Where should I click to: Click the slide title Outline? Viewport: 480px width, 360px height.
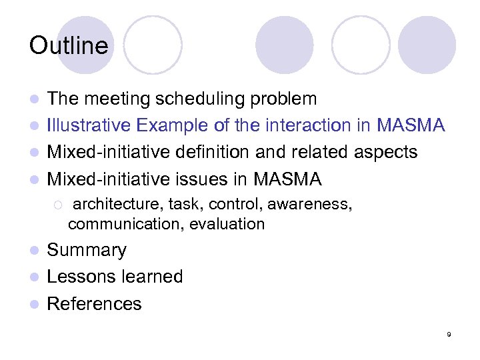[x=68, y=45]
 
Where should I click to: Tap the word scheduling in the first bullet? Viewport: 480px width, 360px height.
[x=202, y=99]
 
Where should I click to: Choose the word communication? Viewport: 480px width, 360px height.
[x=125, y=224]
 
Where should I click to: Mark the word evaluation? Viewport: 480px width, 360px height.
[x=227, y=224]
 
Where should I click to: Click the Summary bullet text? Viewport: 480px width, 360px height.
[x=87, y=250]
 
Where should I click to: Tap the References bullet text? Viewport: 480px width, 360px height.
[x=94, y=304]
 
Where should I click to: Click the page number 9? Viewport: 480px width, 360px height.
[x=449, y=334]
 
